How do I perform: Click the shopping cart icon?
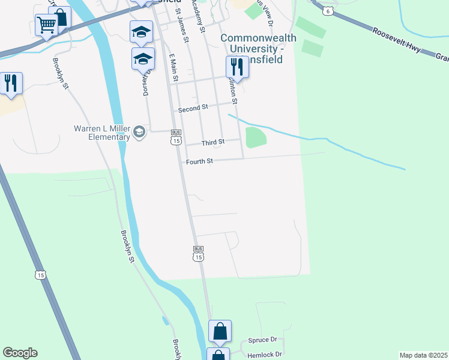[x=46, y=25]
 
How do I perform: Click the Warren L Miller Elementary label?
[x=102, y=132]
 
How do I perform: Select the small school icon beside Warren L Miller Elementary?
[x=139, y=132]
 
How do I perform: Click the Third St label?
[x=212, y=142]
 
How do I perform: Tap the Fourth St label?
[x=199, y=161]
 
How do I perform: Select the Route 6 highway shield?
[x=327, y=11]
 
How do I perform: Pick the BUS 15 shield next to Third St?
[x=175, y=137]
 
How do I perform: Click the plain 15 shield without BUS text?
[x=40, y=275]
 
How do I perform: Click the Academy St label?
[x=199, y=16]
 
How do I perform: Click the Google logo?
[x=20, y=353]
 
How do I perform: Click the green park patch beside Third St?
[x=256, y=137]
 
